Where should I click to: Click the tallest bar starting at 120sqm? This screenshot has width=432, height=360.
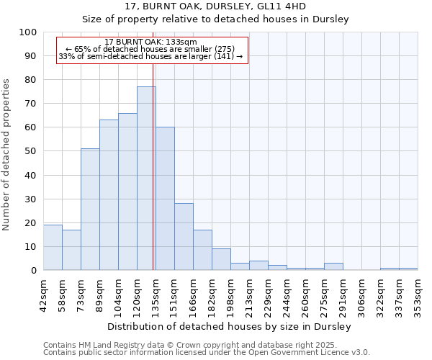[146, 178]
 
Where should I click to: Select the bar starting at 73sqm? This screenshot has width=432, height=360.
[90, 209]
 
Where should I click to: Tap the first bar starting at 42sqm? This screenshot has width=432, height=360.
[53, 247]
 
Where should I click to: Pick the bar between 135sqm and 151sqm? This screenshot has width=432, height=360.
[165, 198]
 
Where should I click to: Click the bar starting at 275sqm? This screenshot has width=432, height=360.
[333, 266]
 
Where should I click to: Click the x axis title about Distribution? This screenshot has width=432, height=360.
[229, 327]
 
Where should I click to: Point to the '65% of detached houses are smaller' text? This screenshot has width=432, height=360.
[150, 50]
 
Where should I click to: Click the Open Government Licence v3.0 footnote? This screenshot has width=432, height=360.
[207, 353]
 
